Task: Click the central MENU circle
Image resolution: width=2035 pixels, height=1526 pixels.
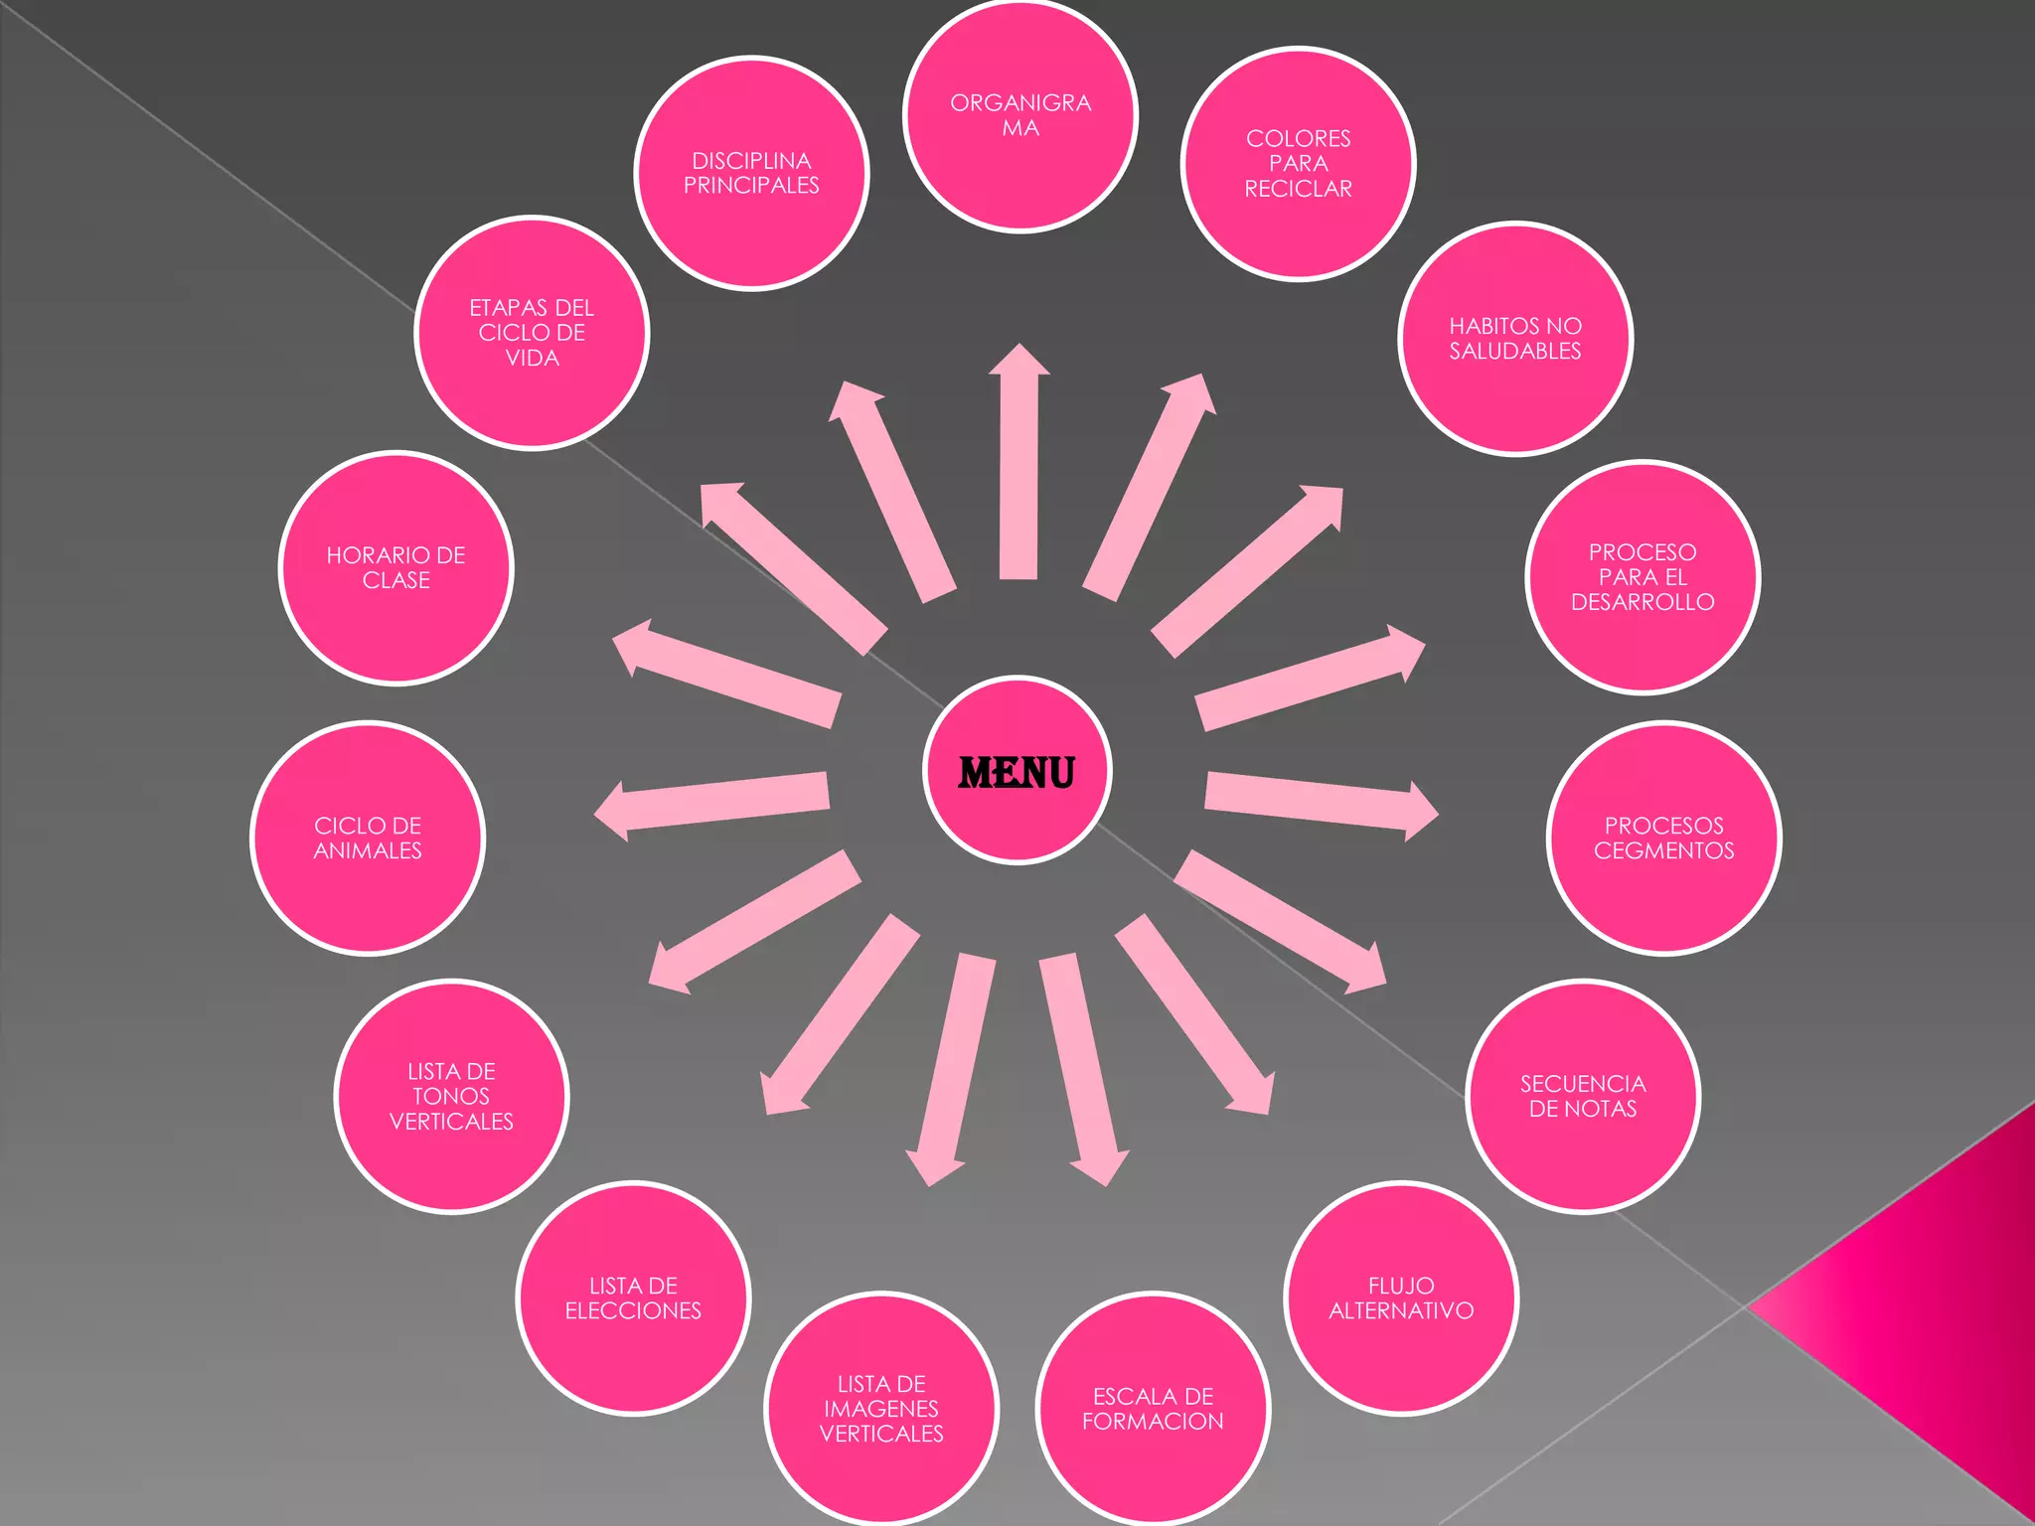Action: click(x=1017, y=771)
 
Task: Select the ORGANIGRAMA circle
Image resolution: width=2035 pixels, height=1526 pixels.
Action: click(x=1020, y=116)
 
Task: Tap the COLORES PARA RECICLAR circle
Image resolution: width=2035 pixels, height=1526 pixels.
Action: click(x=1298, y=164)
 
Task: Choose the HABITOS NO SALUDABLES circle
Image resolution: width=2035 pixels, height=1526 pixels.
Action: click(x=1515, y=339)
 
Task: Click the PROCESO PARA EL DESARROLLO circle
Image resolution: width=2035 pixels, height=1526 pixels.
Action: click(x=1643, y=577)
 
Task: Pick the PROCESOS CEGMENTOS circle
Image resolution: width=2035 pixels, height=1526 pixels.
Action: click(x=1663, y=839)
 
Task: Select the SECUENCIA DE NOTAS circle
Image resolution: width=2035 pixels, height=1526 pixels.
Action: click(x=1583, y=1096)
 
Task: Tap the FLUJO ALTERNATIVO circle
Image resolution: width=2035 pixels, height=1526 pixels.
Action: click(x=1401, y=1298)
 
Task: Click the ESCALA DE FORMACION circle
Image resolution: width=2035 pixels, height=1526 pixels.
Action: click(x=1153, y=1409)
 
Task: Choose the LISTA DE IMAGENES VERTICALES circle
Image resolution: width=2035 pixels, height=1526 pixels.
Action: click(x=881, y=1409)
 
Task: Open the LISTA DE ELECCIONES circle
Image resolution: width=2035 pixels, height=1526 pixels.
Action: click(x=633, y=1298)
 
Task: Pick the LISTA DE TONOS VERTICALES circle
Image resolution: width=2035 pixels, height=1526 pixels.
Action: click(x=451, y=1097)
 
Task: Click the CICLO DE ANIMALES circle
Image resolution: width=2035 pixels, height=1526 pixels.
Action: click(x=368, y=839)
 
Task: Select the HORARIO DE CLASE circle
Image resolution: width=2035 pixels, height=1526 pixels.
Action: click(x=395, y=568)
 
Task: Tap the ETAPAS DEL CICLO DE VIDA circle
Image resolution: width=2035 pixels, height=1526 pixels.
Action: click(x=532, y=333)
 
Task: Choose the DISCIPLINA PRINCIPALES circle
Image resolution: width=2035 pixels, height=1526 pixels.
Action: click(x=751, y=174)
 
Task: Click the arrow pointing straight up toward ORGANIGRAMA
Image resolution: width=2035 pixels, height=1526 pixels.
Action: click(x=1018, y=467)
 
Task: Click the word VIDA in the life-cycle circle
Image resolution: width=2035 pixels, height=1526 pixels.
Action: click(x=533, y=359)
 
